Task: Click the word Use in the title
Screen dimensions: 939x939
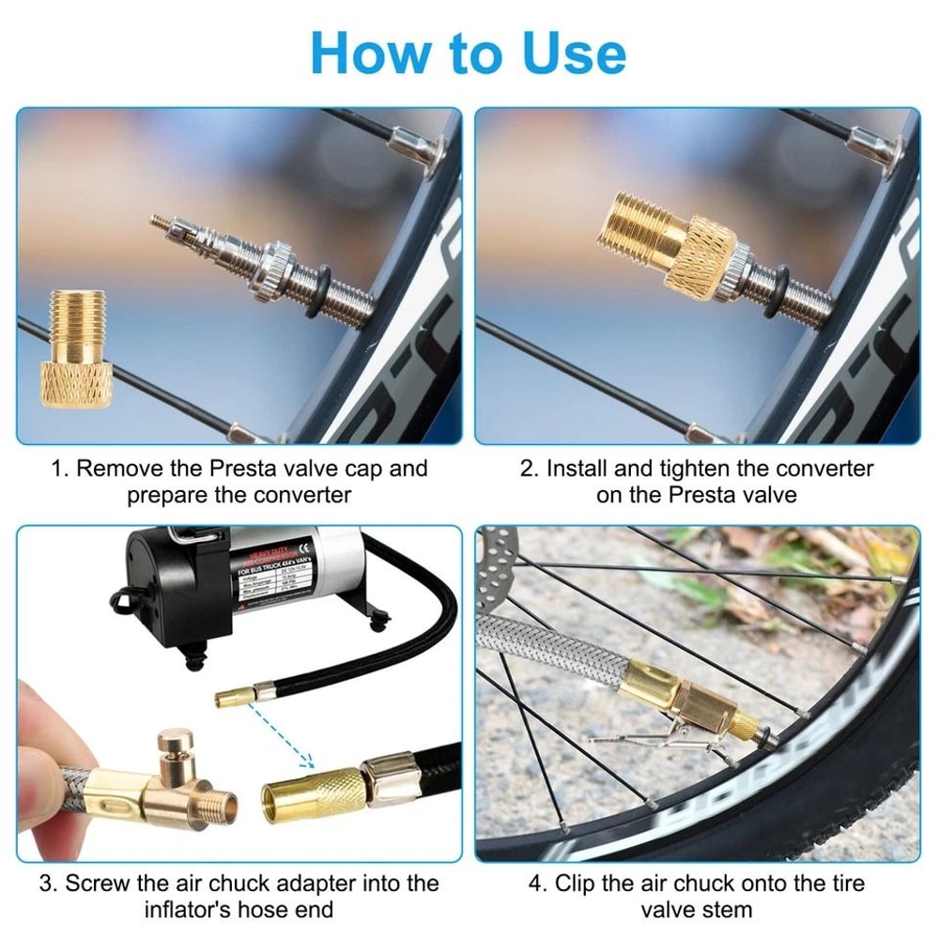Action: point(558,53)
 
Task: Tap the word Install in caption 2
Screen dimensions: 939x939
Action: point(581,469)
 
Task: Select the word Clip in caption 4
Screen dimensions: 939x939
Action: point(577,884)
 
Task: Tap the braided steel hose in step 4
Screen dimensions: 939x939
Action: point(545,648)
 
